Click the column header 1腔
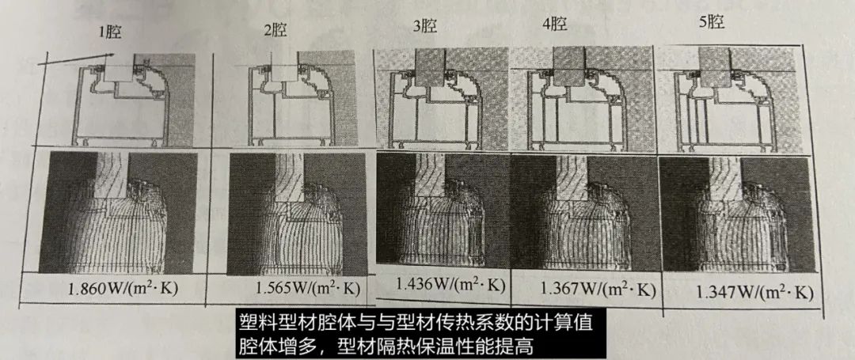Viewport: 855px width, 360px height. [x=110, y=32]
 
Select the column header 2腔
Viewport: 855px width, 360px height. [x=275, y=30]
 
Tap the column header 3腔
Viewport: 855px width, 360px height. [x=425, y=26]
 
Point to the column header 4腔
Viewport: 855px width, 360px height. [x=555, y=25]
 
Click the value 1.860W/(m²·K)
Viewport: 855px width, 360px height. [x=123, y=289]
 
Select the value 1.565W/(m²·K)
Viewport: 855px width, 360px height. [x=307, y=288]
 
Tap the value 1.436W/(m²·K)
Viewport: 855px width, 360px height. [x=450, y=284]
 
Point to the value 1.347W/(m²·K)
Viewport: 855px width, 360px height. [x=754, y=293]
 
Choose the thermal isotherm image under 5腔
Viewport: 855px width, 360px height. [x=737, y=214]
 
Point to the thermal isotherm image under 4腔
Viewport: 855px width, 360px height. [x=583, y=212]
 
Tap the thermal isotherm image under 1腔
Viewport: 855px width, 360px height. [x=118, y=213]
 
